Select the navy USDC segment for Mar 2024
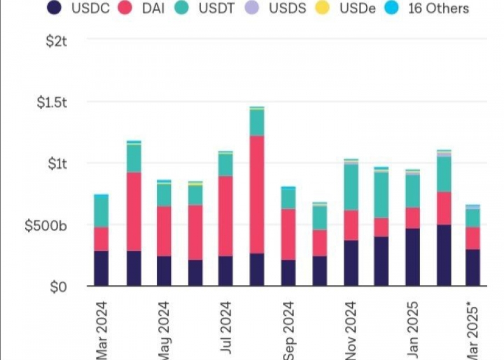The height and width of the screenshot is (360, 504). click(x=101, y=268)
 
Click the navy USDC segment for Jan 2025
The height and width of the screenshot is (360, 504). click(x=413, y=257)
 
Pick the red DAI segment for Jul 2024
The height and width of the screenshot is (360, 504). click(x=226, y=216)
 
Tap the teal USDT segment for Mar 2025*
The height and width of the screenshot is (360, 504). click(x=473, y=218)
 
